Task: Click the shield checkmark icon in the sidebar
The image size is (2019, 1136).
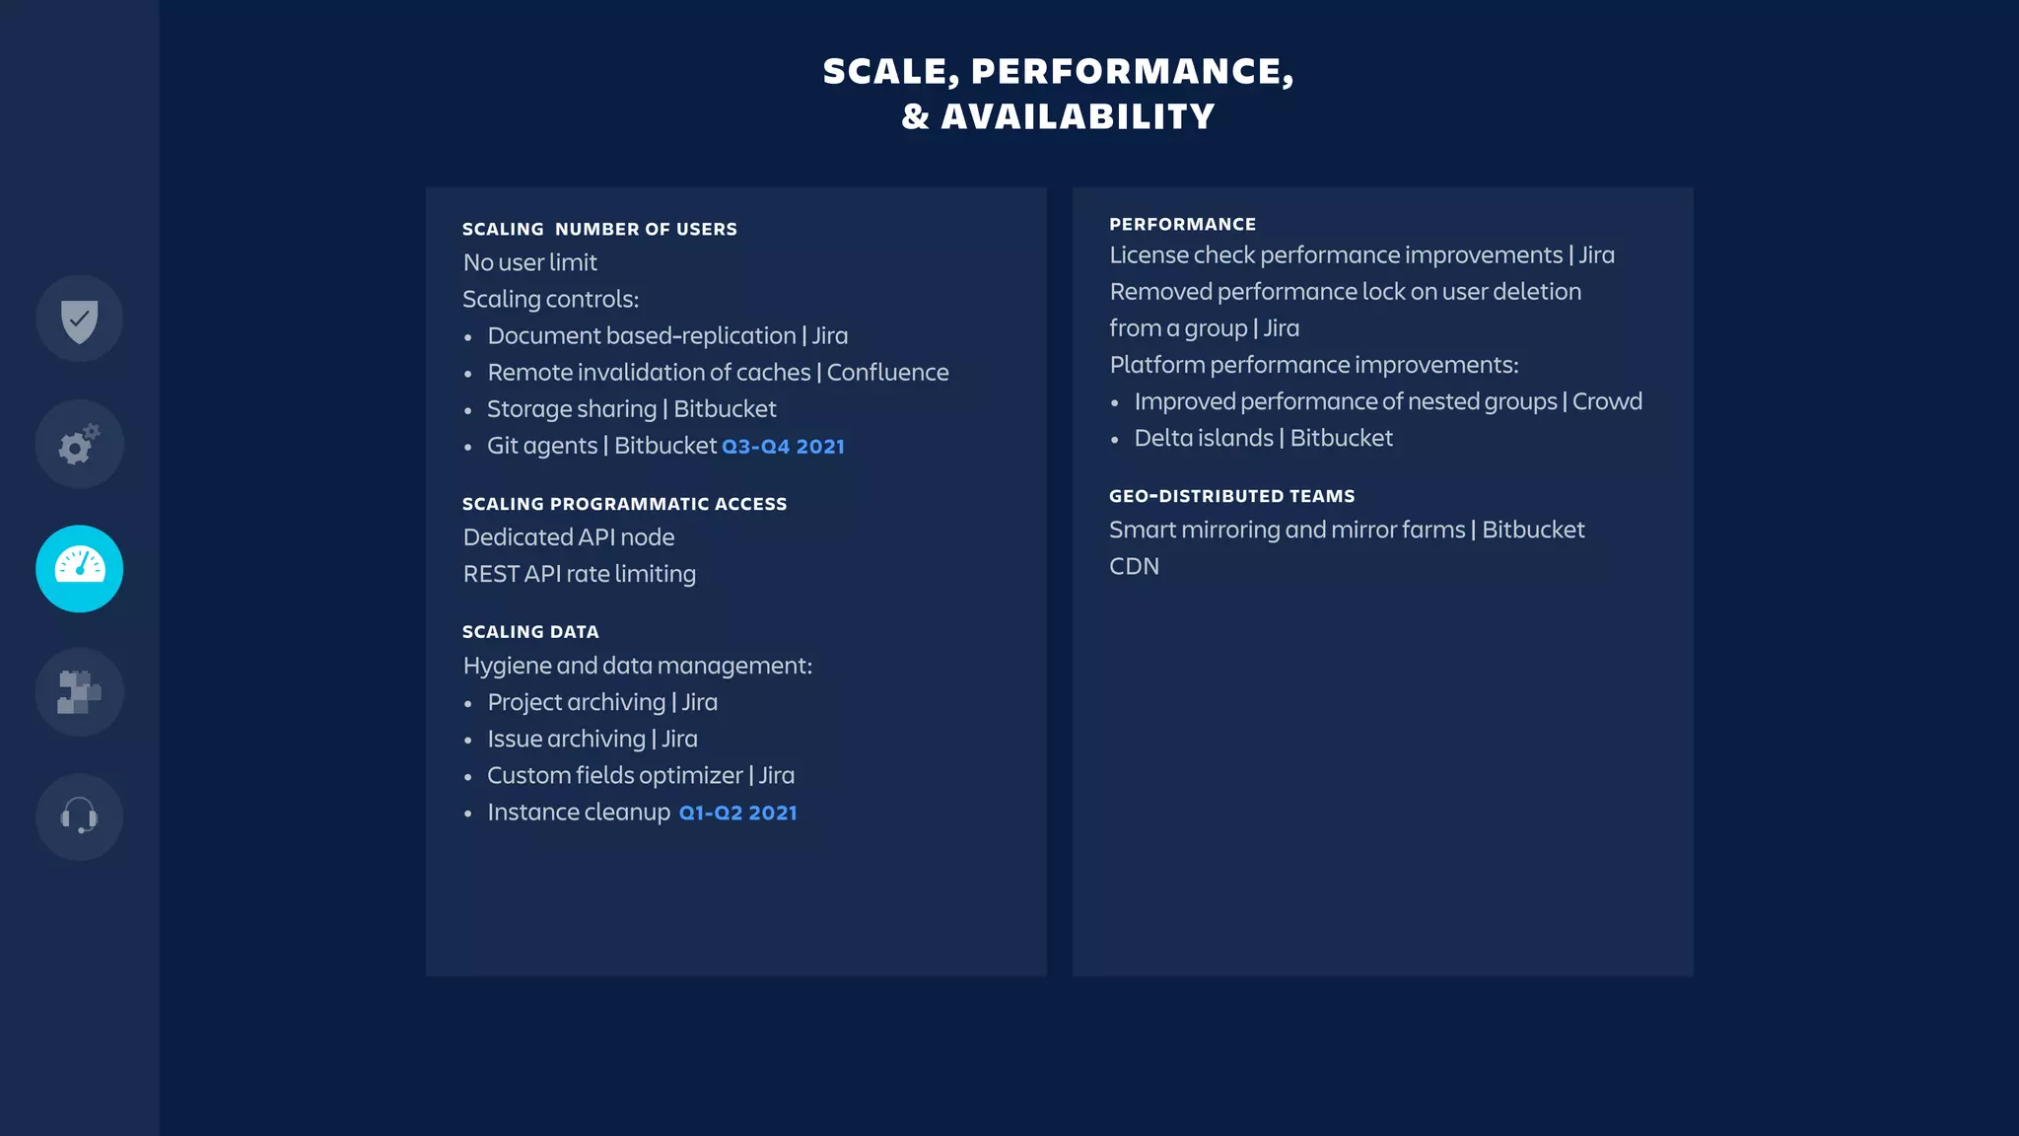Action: click(79, 319)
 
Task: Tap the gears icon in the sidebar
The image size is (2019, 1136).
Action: click(79, 445)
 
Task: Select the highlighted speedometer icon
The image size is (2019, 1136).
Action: click(79, 569)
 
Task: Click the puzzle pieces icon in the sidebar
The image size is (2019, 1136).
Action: click(79, 692)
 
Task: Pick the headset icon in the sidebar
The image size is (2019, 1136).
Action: click(79, 816)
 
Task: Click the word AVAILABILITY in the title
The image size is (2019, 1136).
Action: click(1078, 116)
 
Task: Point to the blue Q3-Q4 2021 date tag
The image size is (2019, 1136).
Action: click(783, 447)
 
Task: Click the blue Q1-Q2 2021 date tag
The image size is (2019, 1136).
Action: click(737, 814)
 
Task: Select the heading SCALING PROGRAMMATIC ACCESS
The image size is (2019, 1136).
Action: click(624, 504)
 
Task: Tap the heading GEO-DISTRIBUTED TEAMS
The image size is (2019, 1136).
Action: click(1231, 496)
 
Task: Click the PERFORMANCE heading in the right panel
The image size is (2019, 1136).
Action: click(1182, 225)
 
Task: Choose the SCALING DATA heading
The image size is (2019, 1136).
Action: click(530, 632)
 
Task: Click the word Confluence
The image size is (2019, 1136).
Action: click(887, 373)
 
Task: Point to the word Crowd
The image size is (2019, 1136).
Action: click(1607, 401)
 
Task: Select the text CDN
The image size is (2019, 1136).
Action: click(1134, 567)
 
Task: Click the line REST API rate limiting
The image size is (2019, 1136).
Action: click(579, 574)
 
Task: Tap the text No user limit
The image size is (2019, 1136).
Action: click(529, 263)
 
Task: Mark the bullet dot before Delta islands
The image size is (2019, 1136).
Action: click(1115, 440)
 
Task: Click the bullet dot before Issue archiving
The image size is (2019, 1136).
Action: click(468, 741)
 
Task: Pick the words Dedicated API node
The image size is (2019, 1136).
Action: click(568, 537)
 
